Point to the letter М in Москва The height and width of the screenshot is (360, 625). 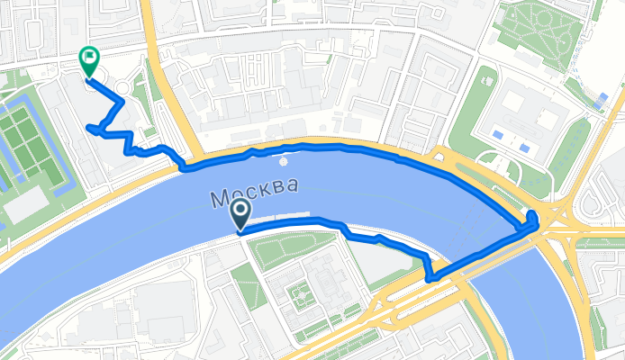[x=220, y=197]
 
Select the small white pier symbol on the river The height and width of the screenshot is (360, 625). [x=284, y=162]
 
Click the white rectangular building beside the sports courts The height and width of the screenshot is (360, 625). [x=25, y=205]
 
